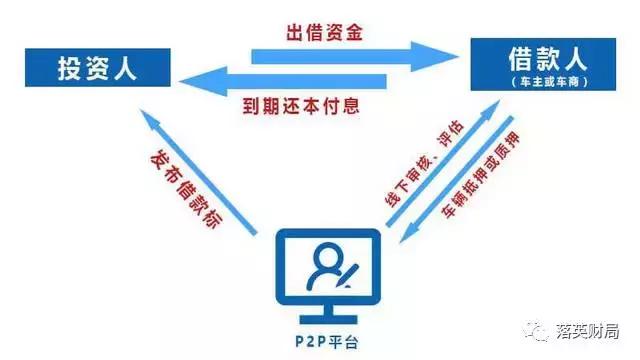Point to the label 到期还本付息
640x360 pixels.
[312, 105]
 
